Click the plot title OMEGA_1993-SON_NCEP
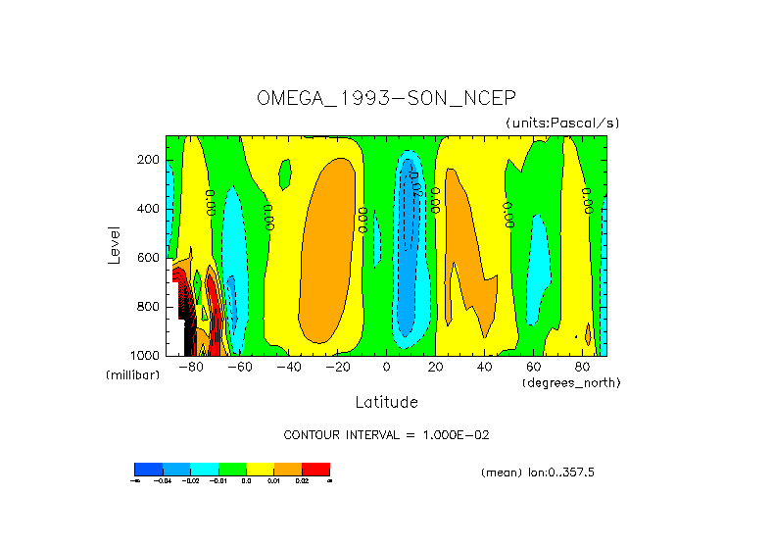[386, 98]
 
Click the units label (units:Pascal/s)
[562, 123]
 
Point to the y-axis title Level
[115, 244]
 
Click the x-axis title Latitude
[386, 402]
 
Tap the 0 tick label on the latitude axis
[387, 368]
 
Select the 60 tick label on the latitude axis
[534, 368]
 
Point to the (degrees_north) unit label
[571, 382]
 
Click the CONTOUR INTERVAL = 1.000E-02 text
[386, 434]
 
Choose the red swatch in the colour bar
[315, 469]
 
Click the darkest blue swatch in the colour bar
[148, 469]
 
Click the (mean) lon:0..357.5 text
[538, 472]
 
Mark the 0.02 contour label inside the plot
[414, 182]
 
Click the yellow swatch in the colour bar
[260, 469]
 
